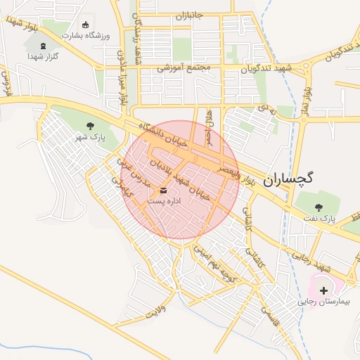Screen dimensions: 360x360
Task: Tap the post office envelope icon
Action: point(164,190)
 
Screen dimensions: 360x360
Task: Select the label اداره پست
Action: point(164,201)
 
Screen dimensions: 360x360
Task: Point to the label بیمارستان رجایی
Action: point(328,302)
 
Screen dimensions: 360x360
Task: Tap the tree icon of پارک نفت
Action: point(319,207)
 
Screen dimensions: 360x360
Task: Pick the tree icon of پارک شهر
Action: point(89,126)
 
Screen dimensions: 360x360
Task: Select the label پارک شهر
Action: point(89,138)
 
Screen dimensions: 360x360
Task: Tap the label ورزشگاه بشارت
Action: point(83,34)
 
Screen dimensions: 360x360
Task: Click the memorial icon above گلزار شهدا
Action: point(45,46)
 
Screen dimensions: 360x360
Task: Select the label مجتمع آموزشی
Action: point(184,69)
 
